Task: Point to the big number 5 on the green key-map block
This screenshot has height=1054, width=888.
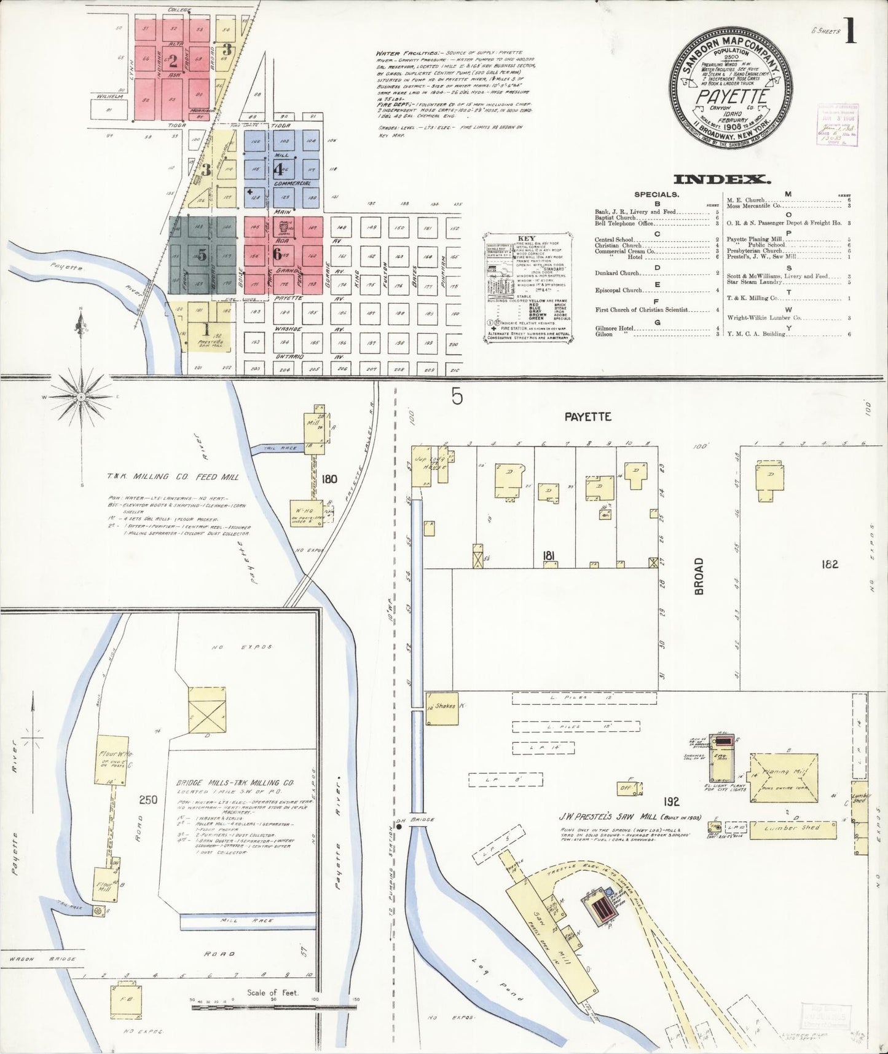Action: click(202, 255)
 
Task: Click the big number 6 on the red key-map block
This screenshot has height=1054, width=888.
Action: click(278, 253)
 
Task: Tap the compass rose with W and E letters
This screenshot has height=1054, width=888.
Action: click(81, 397)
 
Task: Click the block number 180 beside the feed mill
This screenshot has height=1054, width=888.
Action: click(329, 478)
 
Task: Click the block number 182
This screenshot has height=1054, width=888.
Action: click(830, 563)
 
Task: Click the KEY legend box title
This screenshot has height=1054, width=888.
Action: click(527, 238)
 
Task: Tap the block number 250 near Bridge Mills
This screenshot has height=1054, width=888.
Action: click(148, 800)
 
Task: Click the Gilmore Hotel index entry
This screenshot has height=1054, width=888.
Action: click(615, 328)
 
